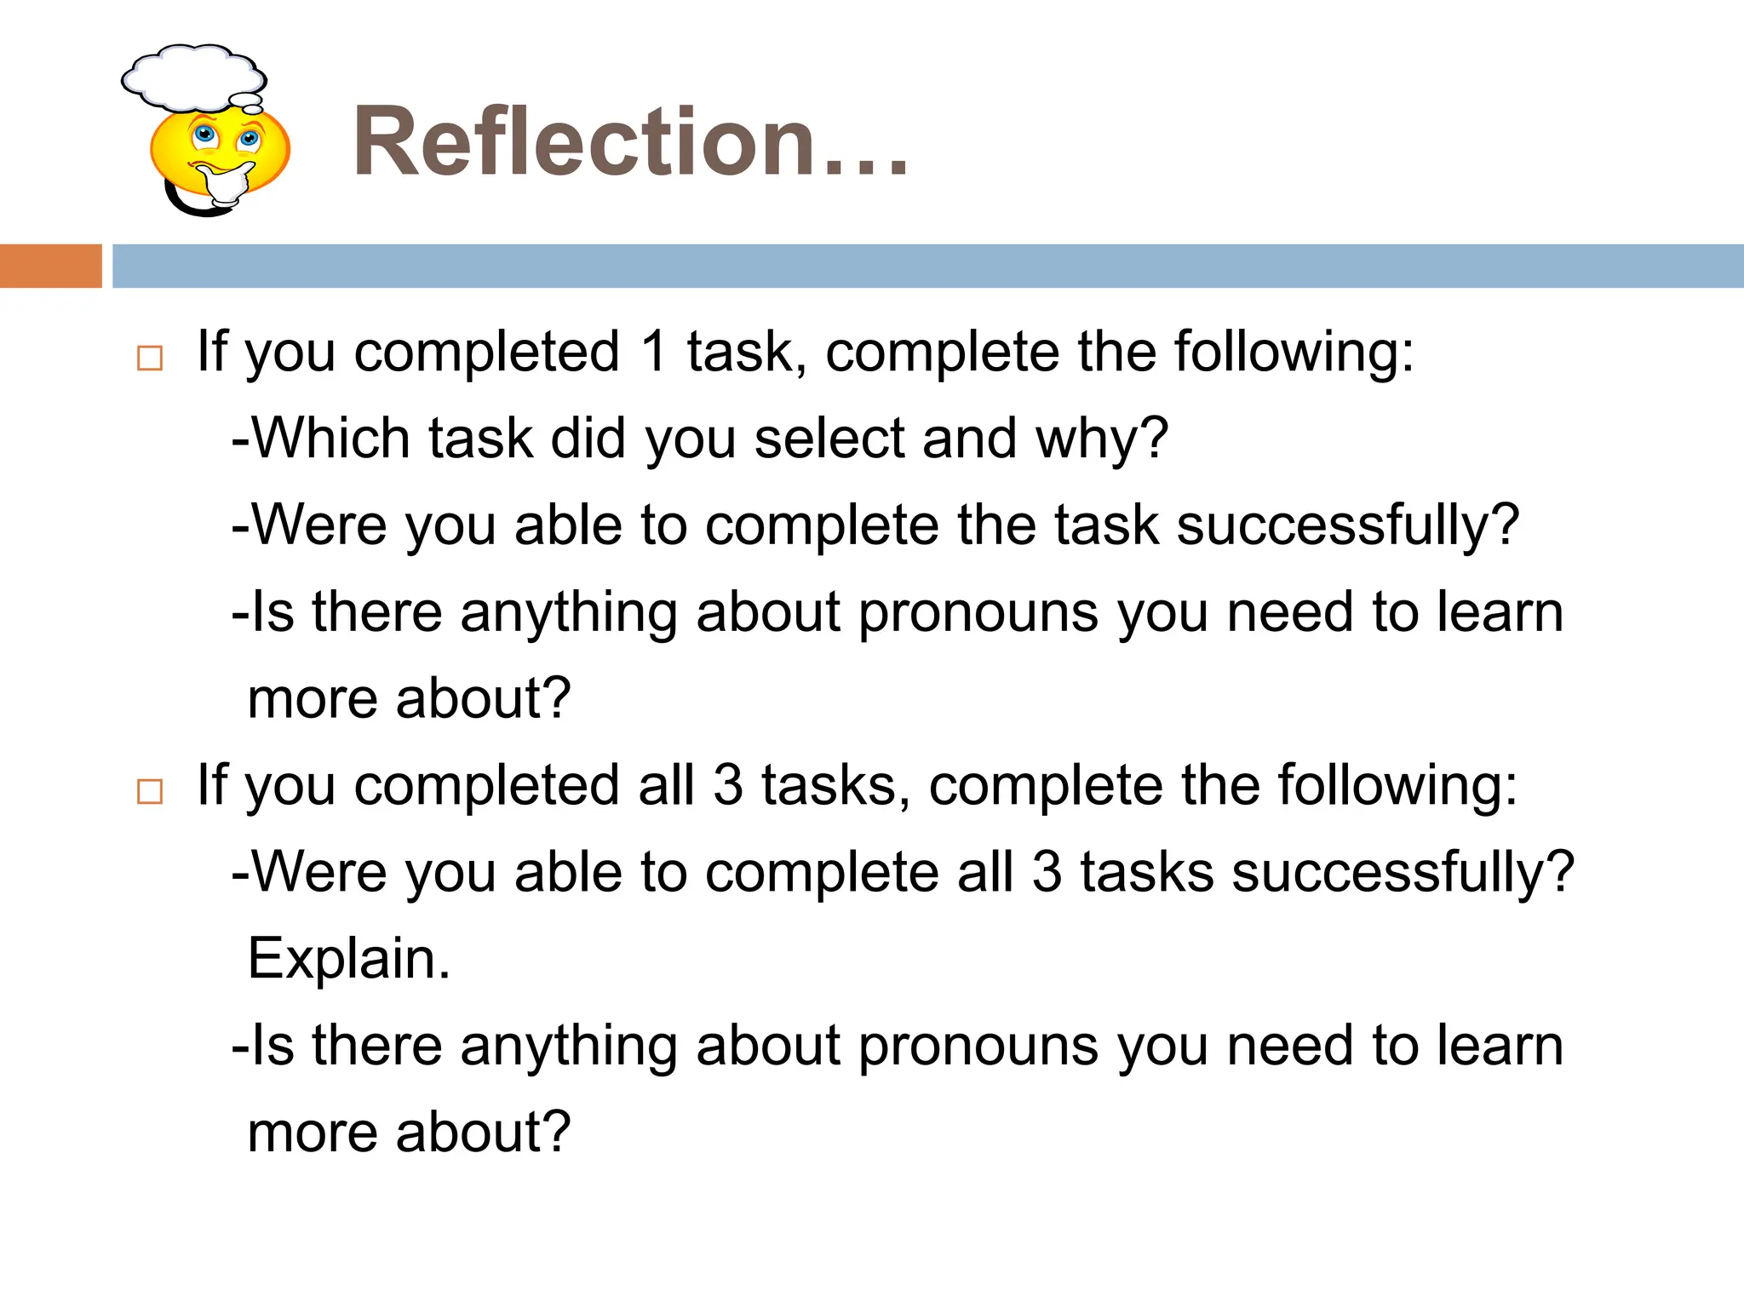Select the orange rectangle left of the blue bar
pos(50,266)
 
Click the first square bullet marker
pos(150,359)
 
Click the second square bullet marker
pos(150,791)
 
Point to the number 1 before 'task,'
pos(654,351)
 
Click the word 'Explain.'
pos(348,959)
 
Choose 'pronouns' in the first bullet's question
pos(978,613)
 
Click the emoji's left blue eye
pos(204,134)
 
